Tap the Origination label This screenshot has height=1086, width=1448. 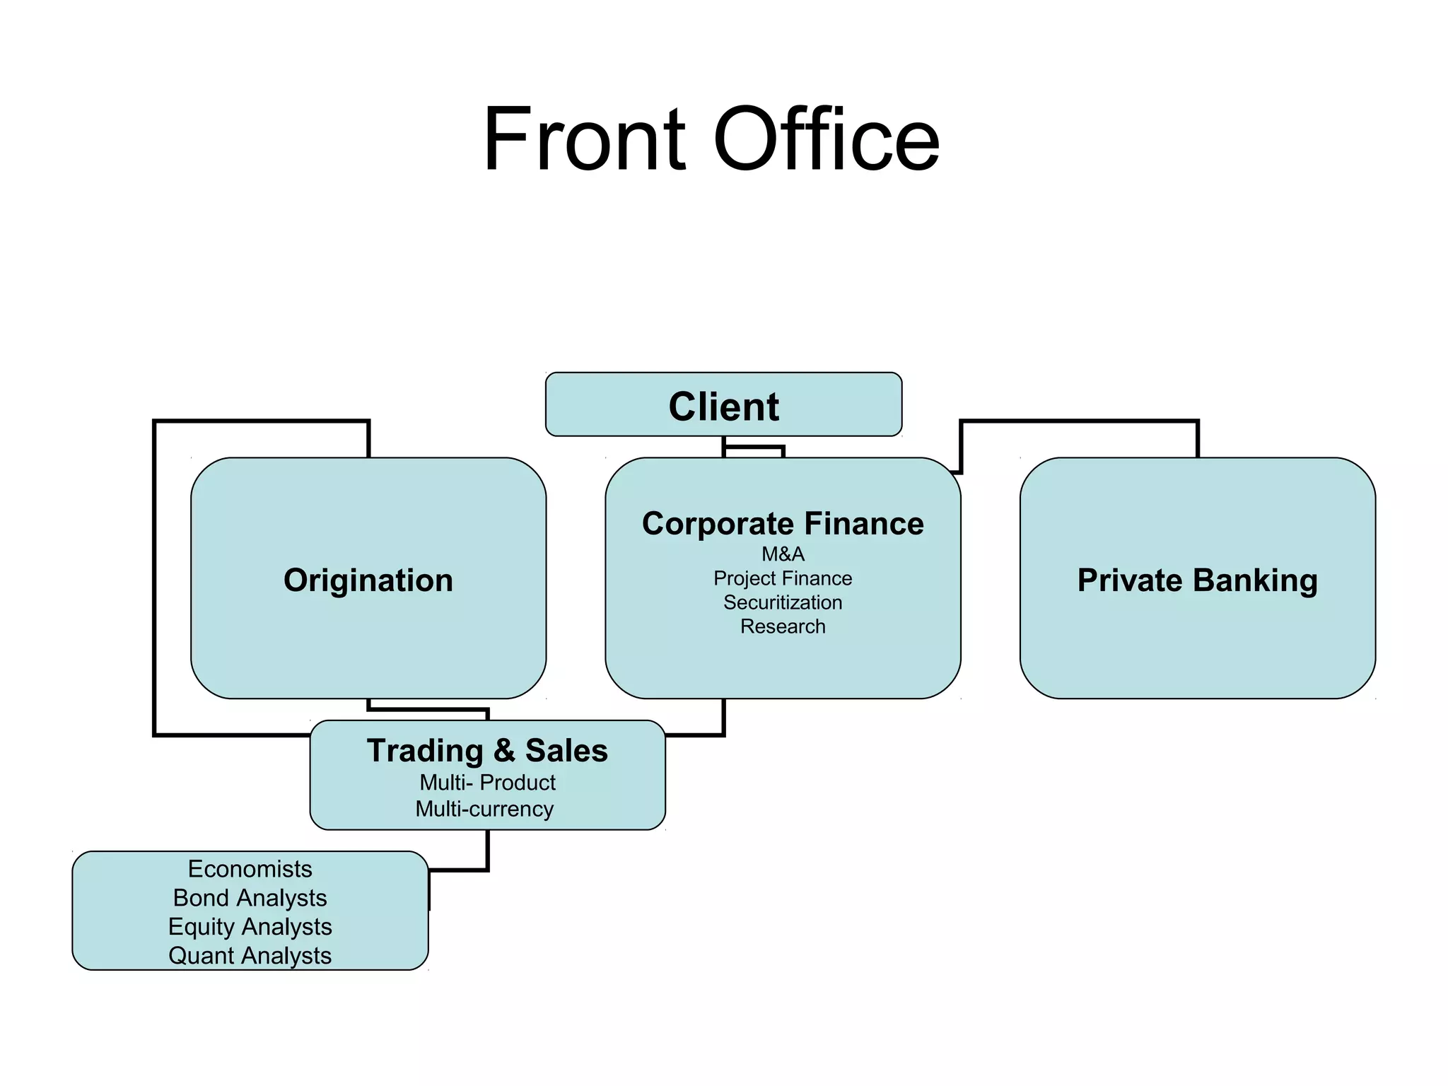[x=368, y=580]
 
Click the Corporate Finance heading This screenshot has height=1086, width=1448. [x=783, y=524]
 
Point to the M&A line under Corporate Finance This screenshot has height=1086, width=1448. [x=783, y=554]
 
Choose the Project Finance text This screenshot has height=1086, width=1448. [x=783, y=578]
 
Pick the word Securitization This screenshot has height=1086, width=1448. [x=783, y=602]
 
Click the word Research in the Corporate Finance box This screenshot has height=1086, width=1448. [x=783, y=626]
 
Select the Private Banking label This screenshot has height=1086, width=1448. [x=1197, y=580]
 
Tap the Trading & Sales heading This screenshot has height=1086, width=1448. [x=487, y=751]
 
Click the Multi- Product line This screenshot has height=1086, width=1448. [x=487, y=783]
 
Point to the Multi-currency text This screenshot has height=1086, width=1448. [x=484, y=809]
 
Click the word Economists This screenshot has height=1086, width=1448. [x=250, y=869]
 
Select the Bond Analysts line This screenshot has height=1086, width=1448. [x=250, y=898]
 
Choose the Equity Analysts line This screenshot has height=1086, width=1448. [x=250, y=927]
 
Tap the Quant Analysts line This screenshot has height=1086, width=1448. [x=250, y=956]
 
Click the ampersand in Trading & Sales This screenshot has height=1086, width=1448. [x=504, y=751]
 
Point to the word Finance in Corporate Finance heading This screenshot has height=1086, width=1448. [x=863, y=524]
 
